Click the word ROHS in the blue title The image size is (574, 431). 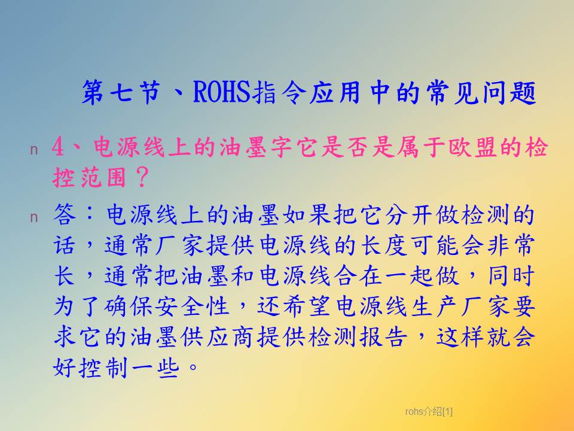click(221, 92)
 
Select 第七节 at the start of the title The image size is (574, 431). click(121, 92)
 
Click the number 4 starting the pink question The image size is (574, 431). click(58, 147)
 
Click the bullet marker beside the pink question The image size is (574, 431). click(33, 150)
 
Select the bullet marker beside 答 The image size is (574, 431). click(33, 217)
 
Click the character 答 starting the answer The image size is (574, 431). click(65, 214)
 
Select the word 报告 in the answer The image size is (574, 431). click(383, 337)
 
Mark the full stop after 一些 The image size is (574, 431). click(193, 366)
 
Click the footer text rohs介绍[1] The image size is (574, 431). click(429, 412)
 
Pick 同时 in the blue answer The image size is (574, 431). click(511, 275)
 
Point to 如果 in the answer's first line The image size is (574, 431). click(307, 214)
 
